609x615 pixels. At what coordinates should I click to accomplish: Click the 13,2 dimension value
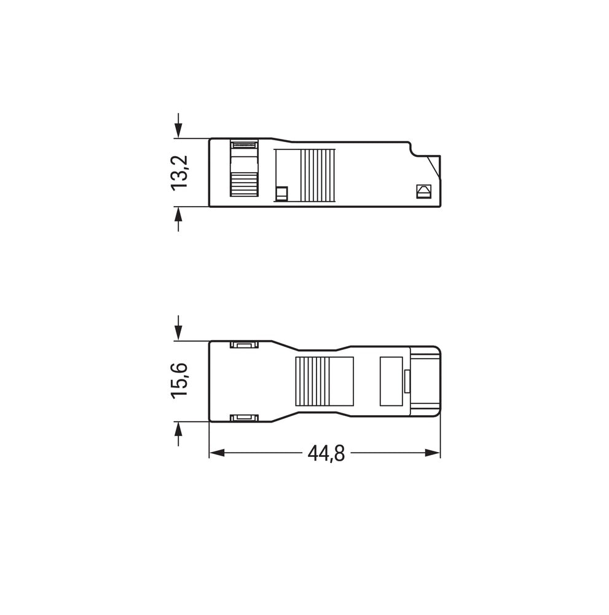(180, 172)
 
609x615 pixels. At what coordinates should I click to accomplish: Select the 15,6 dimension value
(180, 381)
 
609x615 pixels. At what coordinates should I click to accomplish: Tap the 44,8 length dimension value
(326, 454)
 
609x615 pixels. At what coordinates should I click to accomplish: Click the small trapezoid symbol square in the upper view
(423, 191)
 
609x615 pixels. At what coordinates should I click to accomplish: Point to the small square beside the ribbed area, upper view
(282, 193)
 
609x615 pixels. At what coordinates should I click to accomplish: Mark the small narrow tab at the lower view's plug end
(407, 381)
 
